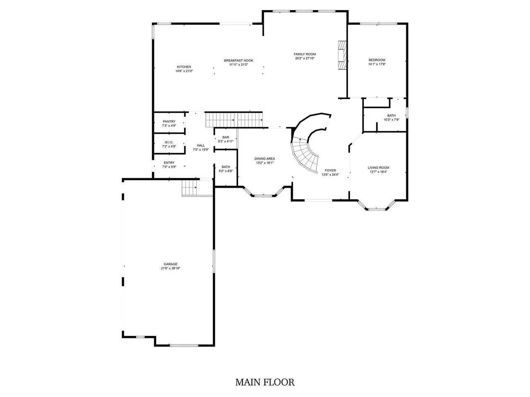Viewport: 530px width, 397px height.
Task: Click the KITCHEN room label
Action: point(184,67)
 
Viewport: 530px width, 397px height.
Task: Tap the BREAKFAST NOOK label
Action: point(238,60)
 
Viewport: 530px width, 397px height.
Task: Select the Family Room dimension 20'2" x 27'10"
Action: point(305,58)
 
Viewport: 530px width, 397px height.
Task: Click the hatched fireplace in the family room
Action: point(342,55)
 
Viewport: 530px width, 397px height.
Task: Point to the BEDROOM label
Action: point(377,60)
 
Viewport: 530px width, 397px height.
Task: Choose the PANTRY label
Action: point(169,122)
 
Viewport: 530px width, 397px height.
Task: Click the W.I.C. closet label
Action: point(169,142)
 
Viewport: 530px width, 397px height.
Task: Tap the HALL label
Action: point(201,145)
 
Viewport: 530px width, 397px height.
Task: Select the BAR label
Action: point(226,137)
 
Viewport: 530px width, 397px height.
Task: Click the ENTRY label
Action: point(169,163)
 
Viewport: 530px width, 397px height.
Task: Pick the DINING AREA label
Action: point(265,159)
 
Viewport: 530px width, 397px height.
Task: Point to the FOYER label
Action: point(330,170)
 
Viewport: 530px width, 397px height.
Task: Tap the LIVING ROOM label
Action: point(378,168)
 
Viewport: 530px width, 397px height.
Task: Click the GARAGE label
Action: point(171,264)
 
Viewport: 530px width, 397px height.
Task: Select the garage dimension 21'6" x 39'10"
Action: point(171,268)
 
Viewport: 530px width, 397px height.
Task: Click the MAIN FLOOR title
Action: point(265,382)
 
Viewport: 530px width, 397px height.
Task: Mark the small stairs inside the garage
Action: point(189,188)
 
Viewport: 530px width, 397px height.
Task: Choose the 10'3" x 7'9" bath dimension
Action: point(391,120)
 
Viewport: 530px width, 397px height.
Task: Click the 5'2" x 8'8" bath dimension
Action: point(226,171)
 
